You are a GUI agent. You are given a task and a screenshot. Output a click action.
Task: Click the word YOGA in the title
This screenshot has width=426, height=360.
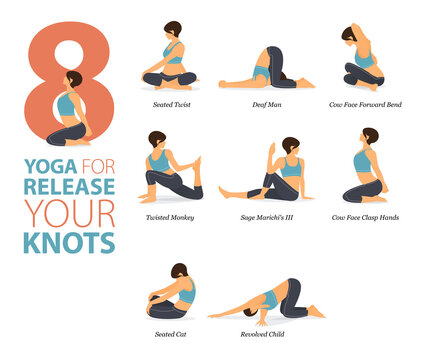[44, 165]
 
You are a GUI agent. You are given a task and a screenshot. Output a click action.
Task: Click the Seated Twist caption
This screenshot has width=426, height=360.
[169, 104]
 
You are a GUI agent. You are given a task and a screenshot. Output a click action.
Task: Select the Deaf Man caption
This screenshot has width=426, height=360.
[266, 104]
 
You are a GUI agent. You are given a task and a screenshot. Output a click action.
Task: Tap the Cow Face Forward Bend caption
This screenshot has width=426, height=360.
[365, 104]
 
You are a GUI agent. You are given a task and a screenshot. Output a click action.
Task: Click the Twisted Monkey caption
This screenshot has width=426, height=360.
[169, 216]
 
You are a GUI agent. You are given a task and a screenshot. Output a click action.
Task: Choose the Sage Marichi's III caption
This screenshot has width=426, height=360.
[267, 216]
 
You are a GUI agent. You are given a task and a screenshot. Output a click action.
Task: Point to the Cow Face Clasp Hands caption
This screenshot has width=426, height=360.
[366, 216]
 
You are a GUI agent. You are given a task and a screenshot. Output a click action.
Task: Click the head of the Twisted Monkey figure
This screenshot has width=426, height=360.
[157, 140]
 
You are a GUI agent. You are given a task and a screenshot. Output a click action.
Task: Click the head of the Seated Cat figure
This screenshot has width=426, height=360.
[180, 271]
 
